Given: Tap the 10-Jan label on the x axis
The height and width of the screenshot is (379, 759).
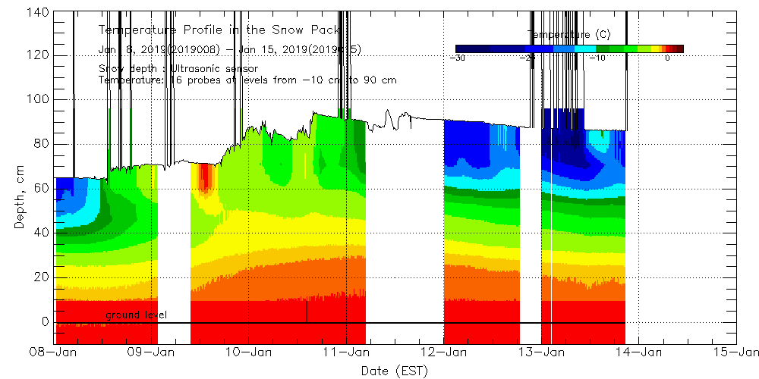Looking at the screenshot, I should pos(250,352).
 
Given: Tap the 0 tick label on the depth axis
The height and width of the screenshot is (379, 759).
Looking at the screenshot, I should pos(46,321).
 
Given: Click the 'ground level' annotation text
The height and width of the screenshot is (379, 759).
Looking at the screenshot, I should pos(137,315).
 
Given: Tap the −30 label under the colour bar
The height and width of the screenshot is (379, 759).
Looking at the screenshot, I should pos(458,58).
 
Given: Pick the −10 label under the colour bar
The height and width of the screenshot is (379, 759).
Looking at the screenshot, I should pos(597,58).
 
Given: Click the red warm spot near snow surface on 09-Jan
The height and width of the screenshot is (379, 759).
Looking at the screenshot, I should pos(203,178).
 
